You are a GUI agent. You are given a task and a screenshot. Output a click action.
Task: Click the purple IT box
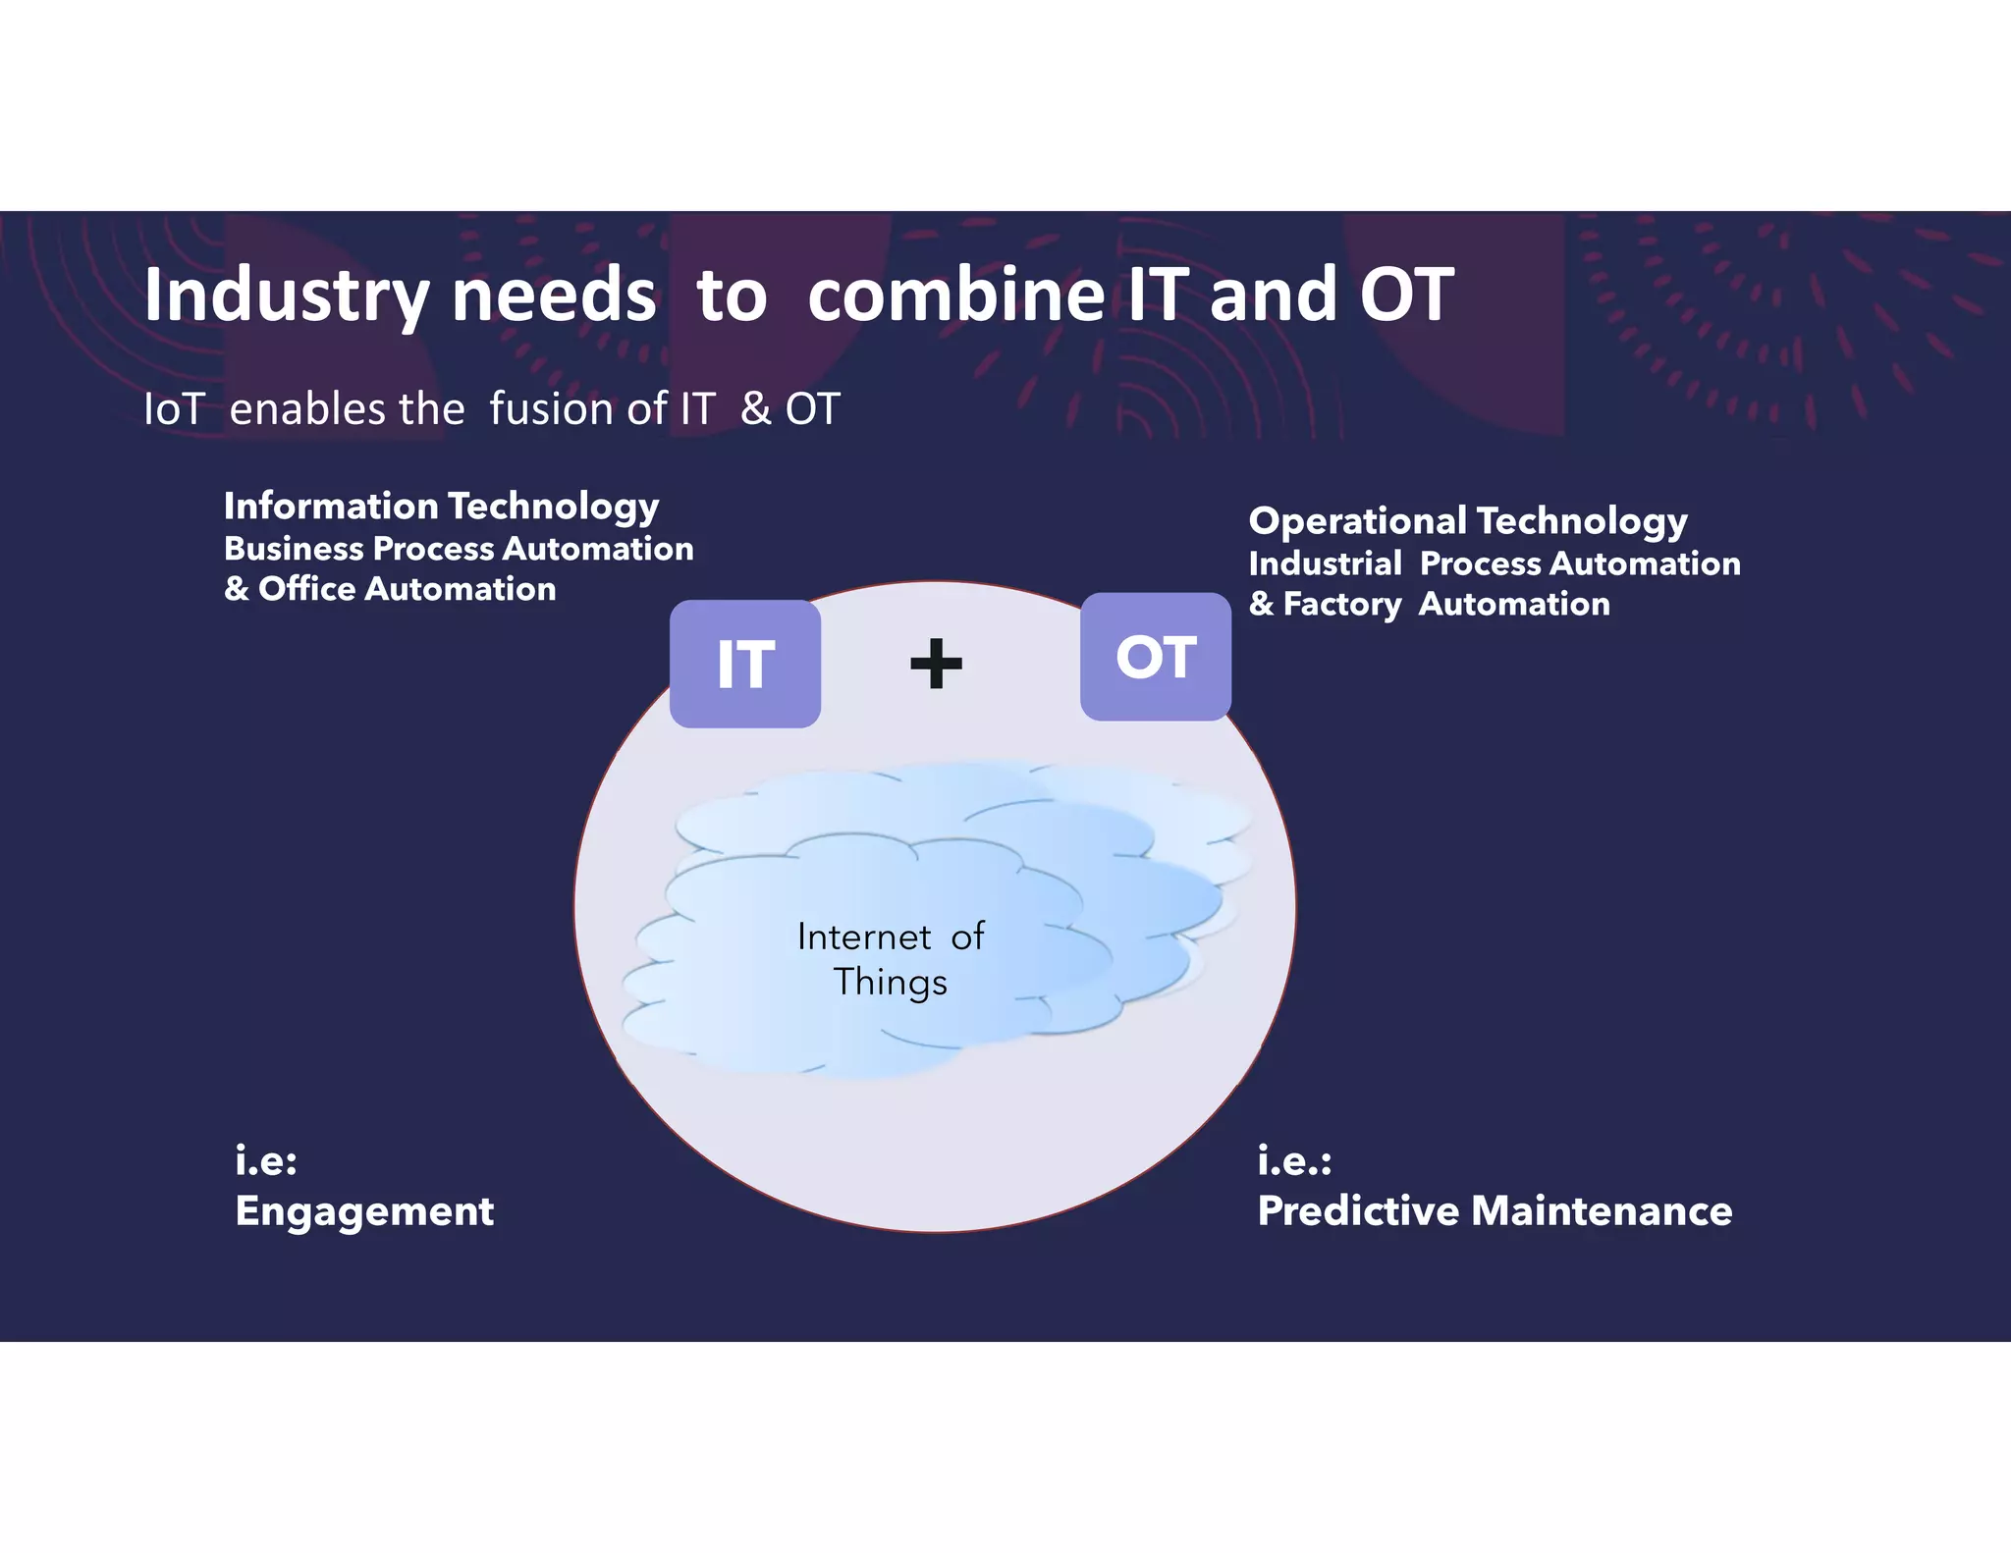pos(744,664)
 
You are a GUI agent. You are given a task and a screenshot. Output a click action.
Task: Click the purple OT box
pos(1155,657)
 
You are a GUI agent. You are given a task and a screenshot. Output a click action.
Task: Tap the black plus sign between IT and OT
pos(936,664)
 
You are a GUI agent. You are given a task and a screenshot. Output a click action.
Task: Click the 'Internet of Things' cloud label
pos(890,958)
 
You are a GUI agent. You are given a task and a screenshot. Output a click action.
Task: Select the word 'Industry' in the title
pos(286,295)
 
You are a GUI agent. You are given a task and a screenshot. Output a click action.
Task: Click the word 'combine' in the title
pos(954,295)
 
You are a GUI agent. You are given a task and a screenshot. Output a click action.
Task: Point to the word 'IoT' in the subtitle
pos(174,408)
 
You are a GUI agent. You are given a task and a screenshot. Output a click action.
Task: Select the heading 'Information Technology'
pos(441,507)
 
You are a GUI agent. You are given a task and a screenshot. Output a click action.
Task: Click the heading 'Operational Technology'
pos(1467,521)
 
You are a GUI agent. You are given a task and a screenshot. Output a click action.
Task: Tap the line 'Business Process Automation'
pos(459,549)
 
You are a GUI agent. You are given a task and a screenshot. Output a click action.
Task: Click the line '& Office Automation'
pos(390,589)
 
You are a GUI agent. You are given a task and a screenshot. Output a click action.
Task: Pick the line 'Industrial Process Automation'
pos(1494,563)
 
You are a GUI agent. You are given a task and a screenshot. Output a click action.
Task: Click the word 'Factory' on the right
pos(1341,604)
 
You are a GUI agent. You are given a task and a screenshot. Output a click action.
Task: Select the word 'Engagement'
pos(364,1211)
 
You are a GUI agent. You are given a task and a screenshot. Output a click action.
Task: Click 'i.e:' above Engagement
pos(265,1161)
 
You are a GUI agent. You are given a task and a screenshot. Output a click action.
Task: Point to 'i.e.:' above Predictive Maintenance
pos(1294,1161)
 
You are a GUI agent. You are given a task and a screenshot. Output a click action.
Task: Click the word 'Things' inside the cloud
pos(890,983)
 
